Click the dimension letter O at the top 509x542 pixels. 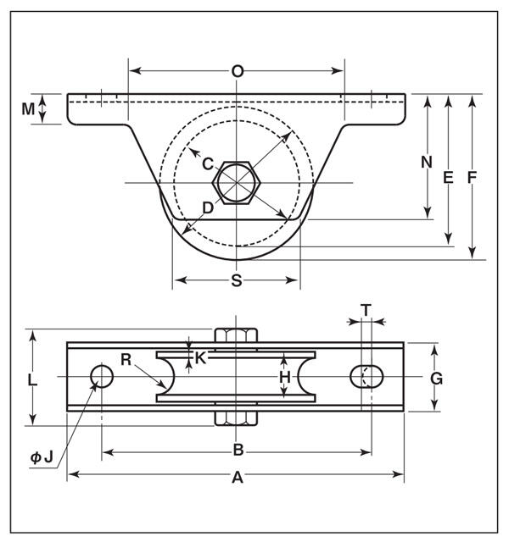pos(238,71)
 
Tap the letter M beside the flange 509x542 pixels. pos(28,109)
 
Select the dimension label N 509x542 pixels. pos(427,162)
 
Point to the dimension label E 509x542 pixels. pos(448,178)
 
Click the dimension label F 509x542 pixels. pos(472,178)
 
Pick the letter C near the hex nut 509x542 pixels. pos(208,164)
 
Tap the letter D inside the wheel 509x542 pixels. pos(208,208)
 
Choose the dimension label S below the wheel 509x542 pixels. pos(237,280)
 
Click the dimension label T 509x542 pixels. pos(366,310)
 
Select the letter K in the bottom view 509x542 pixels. pos(200,358)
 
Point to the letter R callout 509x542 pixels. pos(126,360)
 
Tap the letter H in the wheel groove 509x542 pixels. pos(285,378)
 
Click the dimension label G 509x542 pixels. pos(436,379)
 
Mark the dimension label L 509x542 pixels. pos(32,380)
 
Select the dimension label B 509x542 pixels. pos(238,451)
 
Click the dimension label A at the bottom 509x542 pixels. pos(238,478)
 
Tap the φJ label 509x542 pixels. pos(42,457)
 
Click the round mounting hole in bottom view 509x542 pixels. pos(102,376)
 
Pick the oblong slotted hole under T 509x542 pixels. pos(366,376)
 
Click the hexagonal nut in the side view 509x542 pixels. pos(237,183)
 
